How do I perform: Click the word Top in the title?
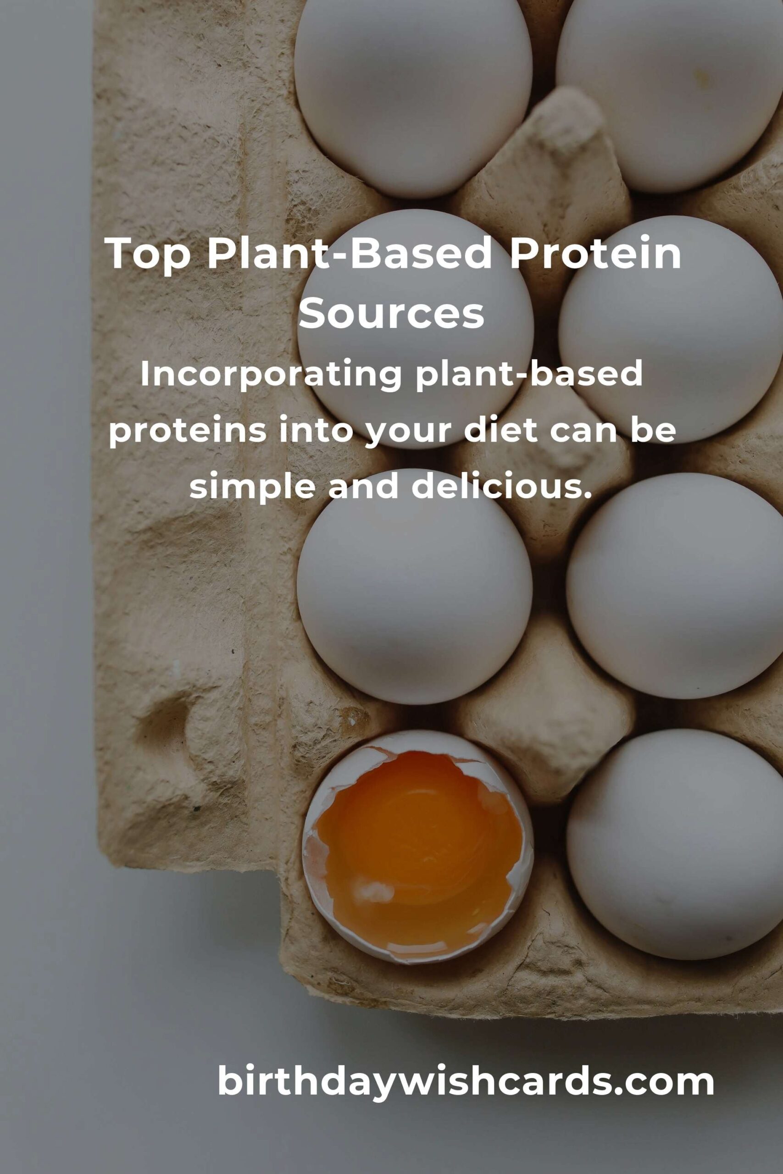coord(148,254)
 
